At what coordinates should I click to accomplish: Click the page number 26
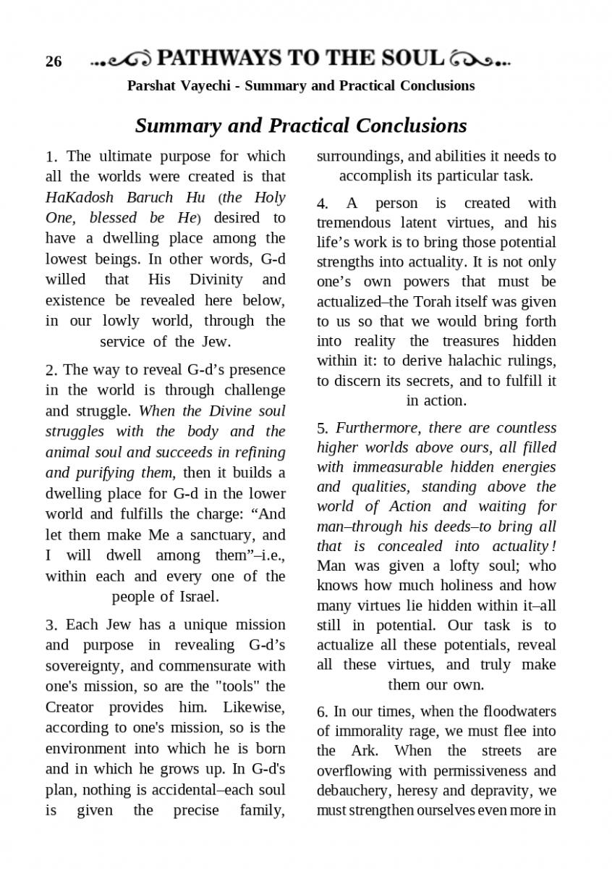(54, 62)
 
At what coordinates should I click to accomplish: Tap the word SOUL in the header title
(415, 59)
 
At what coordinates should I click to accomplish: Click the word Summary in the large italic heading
(177, 125)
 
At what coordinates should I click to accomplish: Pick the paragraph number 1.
(50, 157)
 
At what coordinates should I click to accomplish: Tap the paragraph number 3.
(50, 625)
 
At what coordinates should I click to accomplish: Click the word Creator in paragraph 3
(71, 707)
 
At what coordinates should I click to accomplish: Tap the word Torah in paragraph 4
(430, 301)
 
